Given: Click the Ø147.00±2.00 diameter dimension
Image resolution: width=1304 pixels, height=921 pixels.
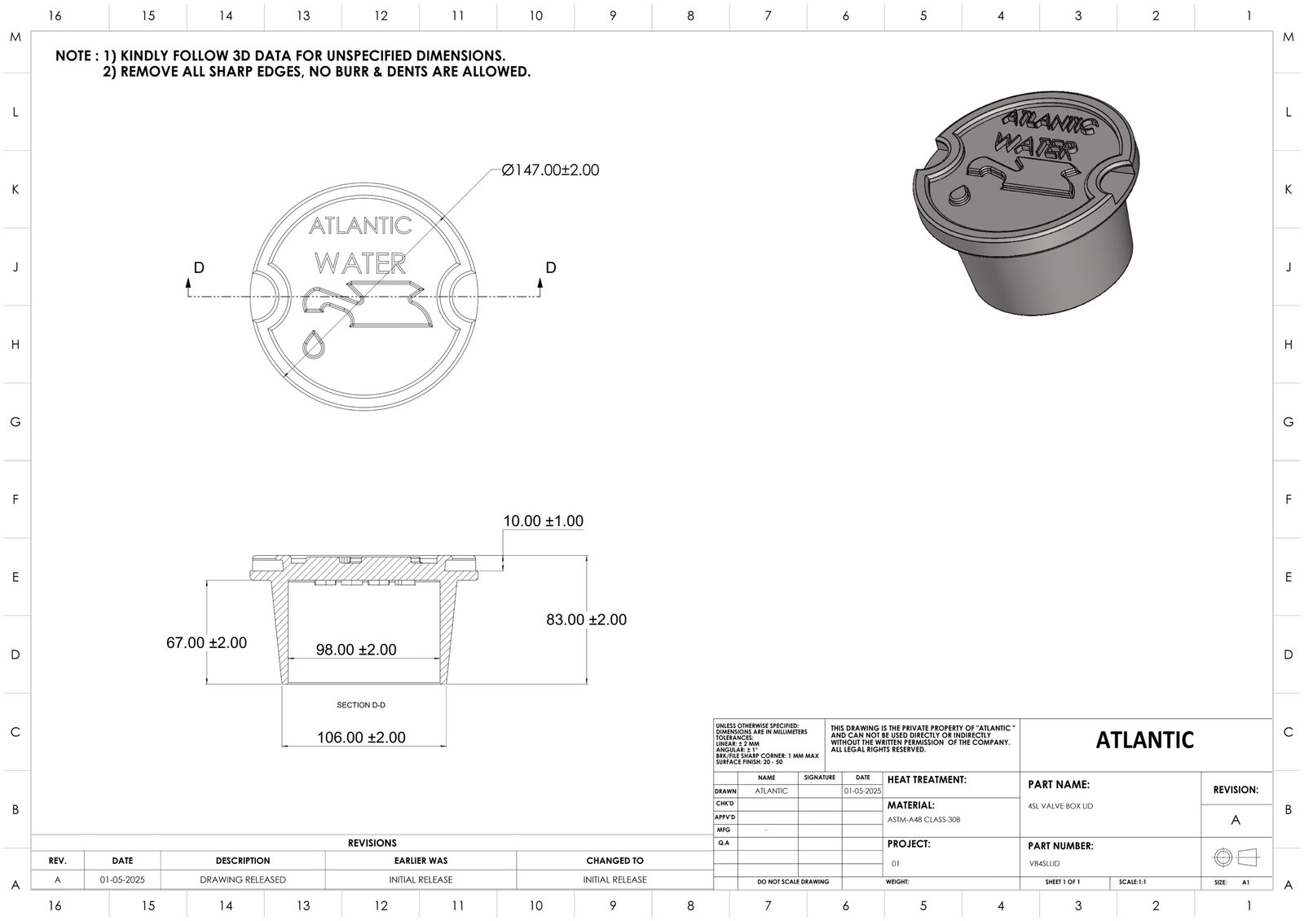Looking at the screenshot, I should pyautogui.click(x=551, y=170).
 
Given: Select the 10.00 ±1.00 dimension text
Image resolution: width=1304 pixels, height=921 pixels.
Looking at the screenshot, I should pyautogui.click(x=543, y=521).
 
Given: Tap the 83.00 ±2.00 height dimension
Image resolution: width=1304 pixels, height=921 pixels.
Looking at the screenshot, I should pyautogui.click(x=586, y=619).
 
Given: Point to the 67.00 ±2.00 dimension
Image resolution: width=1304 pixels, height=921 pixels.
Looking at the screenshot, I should pyautogui.click(x=206, y=642).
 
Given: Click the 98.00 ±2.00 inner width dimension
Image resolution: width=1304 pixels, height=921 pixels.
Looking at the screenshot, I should pyautogui.click(x=356, y=650).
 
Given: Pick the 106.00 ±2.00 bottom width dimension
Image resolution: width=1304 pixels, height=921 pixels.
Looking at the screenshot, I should pyautogui.click(x=361, y=738).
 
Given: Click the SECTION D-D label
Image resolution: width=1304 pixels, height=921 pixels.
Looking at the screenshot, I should pyautogui.click(x=361, y=705).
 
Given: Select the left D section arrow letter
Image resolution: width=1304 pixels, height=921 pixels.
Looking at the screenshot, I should pyautogui.click(x=198, y=267).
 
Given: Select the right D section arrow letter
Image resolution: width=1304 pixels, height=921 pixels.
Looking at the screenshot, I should pyautogui.click(x=551, y=267).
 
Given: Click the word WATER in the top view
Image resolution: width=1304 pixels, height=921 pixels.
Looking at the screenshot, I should pyautogui.click(x=359, y=262).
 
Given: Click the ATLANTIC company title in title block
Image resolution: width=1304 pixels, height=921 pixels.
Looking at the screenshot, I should pyautogui.click(x=1144, y=740).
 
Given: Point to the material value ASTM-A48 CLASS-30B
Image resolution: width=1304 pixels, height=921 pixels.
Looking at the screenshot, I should pyautogui.click(x=923, y=820).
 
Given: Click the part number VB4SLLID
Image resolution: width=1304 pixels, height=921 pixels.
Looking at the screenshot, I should pyautogui.click(x=1045, y=863).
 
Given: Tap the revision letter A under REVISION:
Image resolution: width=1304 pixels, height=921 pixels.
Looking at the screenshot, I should pyautogui.click(x=1236, y=820).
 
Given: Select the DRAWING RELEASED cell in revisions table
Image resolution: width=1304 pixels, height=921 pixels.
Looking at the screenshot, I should pyautogui.click(x=243, y=879).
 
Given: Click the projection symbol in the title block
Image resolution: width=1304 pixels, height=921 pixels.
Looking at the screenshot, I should pyautogui.click(x=1236, y=857).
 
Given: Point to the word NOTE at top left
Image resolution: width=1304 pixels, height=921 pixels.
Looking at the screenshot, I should pyautogui.click(x=75, y=56).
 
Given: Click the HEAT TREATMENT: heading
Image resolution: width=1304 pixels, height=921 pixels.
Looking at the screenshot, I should pyautogui.click(x=927, y=780).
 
